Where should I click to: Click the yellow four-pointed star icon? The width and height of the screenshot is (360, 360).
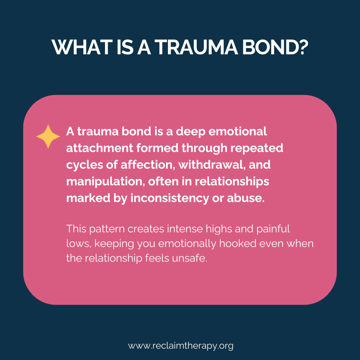[48, 136]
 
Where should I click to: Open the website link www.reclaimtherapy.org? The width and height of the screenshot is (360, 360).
[180, 346]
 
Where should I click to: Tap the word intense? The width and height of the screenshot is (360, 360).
[184, 229]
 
